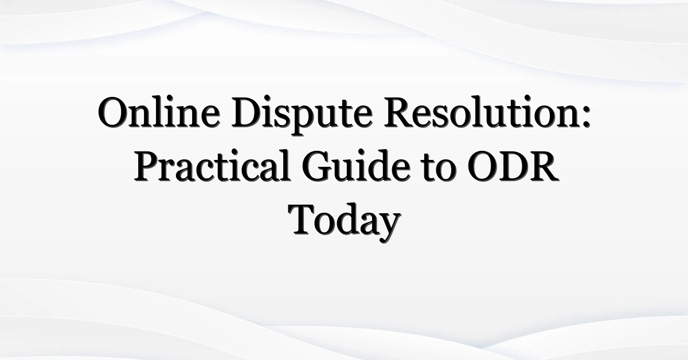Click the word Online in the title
pyautogui.click(x=159, y=112)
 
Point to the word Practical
pyautogui.click(x=213, y=165)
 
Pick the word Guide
pyautogui.click(x=356, y=165)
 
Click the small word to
pyautogui.click(x=439, y=169)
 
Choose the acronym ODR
pyautogui.click(x=513, y=166)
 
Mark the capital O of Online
pyautogui.click(x=114, y=112)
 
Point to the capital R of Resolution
pyautogui.click(x=400, y=112)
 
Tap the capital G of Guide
pyautogui.click(x=317, y=166)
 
